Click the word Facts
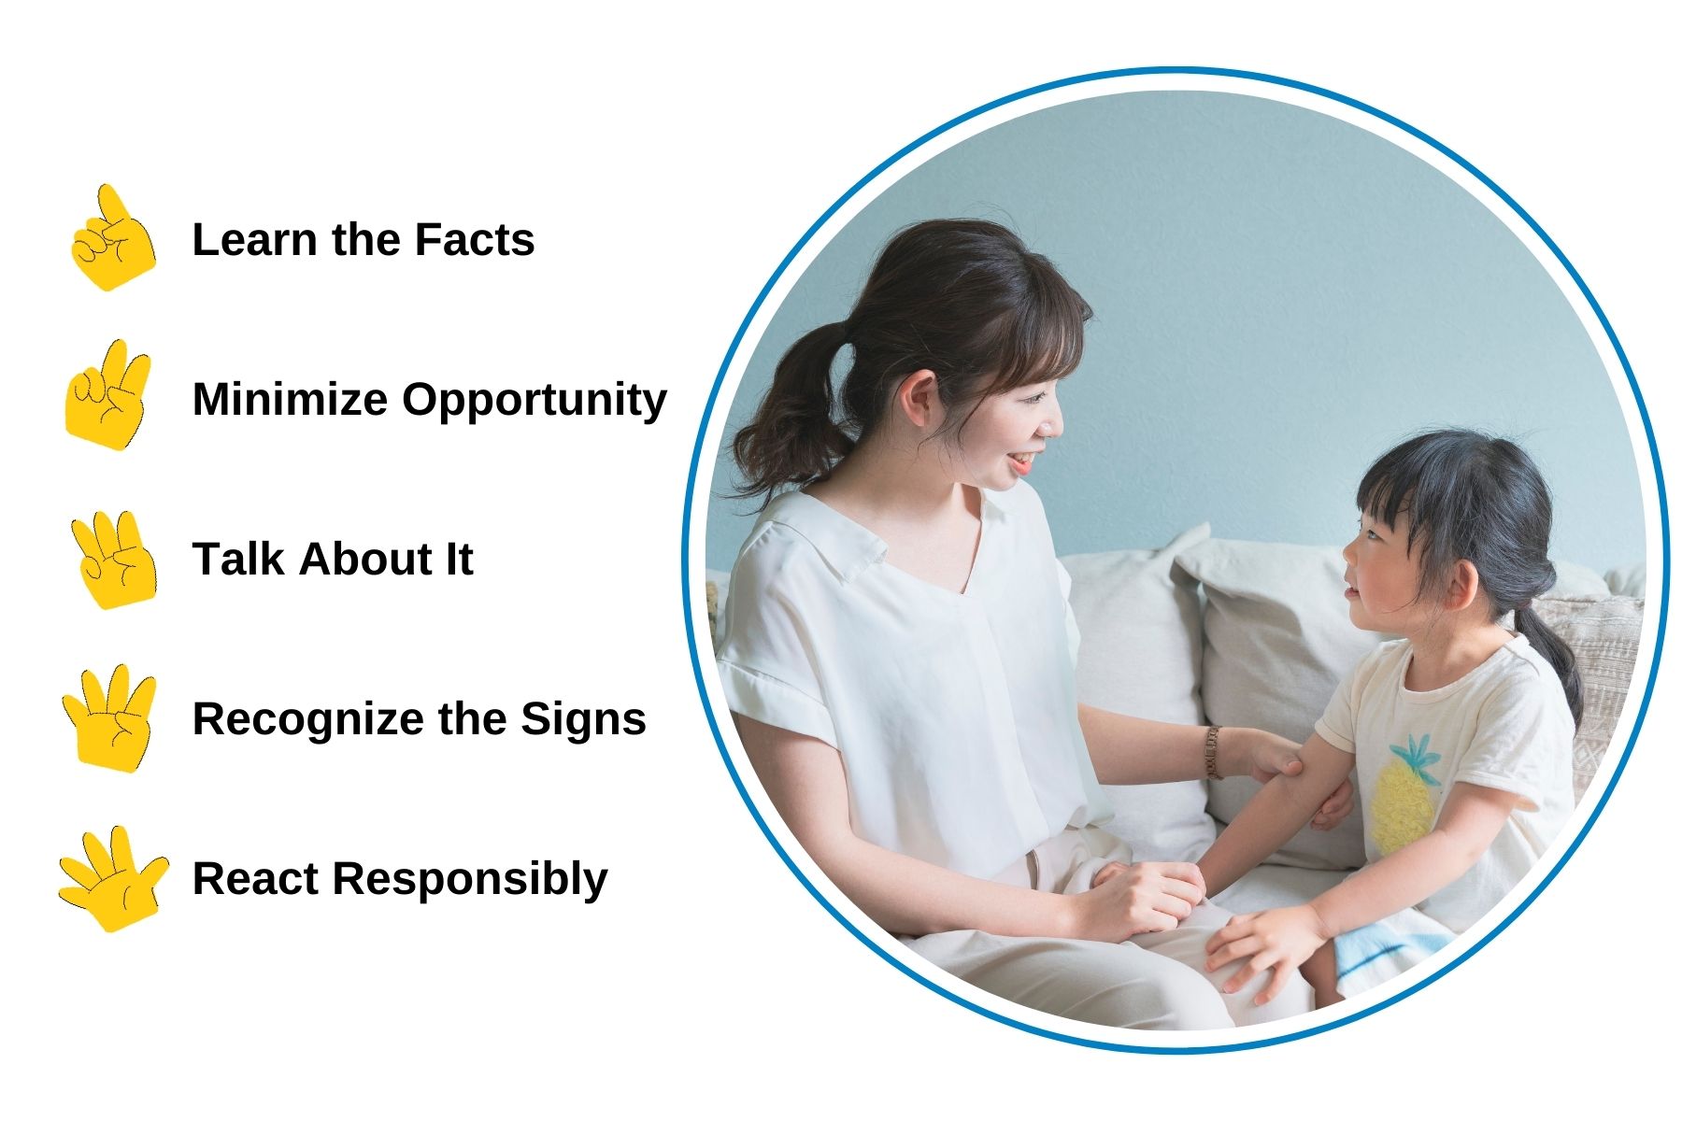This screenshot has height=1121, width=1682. pyautogui.click(x=474, y=239)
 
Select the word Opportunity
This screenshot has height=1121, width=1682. pyautogui.click(x=535, y=401)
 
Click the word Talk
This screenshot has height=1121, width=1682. pyautogui.click(x=237, y=559)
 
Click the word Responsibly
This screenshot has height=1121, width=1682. pyautogui.click(x=470, y=880)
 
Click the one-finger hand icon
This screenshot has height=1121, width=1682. pyautogui.click(x=112, y=238)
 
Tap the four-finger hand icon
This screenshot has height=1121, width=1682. pyautogui.click(x=109, y=717)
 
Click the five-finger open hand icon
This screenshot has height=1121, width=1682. pyautogui.click(x=112, y=878)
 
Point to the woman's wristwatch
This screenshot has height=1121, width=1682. pyautogui.click(x=1213, y=752)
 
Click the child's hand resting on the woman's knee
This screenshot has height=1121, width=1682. pyautogui.click(x=1261, y=948)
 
